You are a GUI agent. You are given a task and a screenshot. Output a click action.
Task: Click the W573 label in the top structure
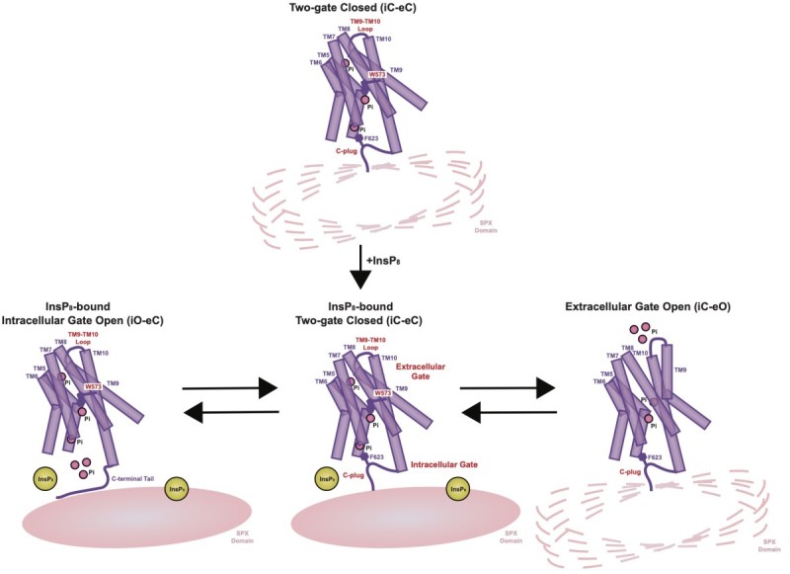point(376,74)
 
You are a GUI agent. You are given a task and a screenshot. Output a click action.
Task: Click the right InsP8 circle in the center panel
point(457,488)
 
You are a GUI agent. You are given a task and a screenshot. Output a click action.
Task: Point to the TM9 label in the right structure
point(680,368)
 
